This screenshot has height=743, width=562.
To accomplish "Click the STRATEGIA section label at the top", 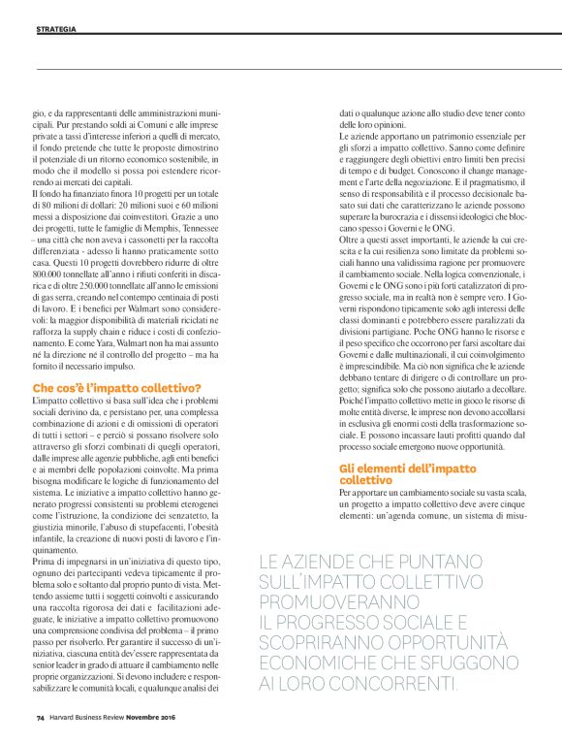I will point(57,30).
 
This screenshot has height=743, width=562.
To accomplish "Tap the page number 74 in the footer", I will point(42,718).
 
